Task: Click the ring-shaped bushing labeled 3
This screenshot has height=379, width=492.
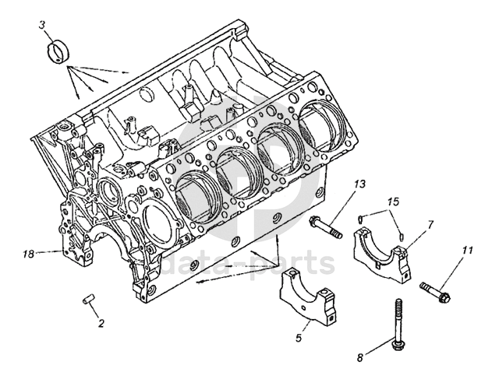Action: pos(57,52)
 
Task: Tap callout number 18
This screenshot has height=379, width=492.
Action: pos(30,253)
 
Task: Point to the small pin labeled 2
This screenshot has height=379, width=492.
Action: pos(88,298)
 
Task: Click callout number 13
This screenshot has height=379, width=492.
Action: pos(359,184)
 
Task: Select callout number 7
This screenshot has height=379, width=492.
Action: pos(430,224)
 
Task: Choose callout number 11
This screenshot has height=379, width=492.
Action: pos(467,251)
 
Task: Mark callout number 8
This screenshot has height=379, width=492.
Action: pos(360,359)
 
